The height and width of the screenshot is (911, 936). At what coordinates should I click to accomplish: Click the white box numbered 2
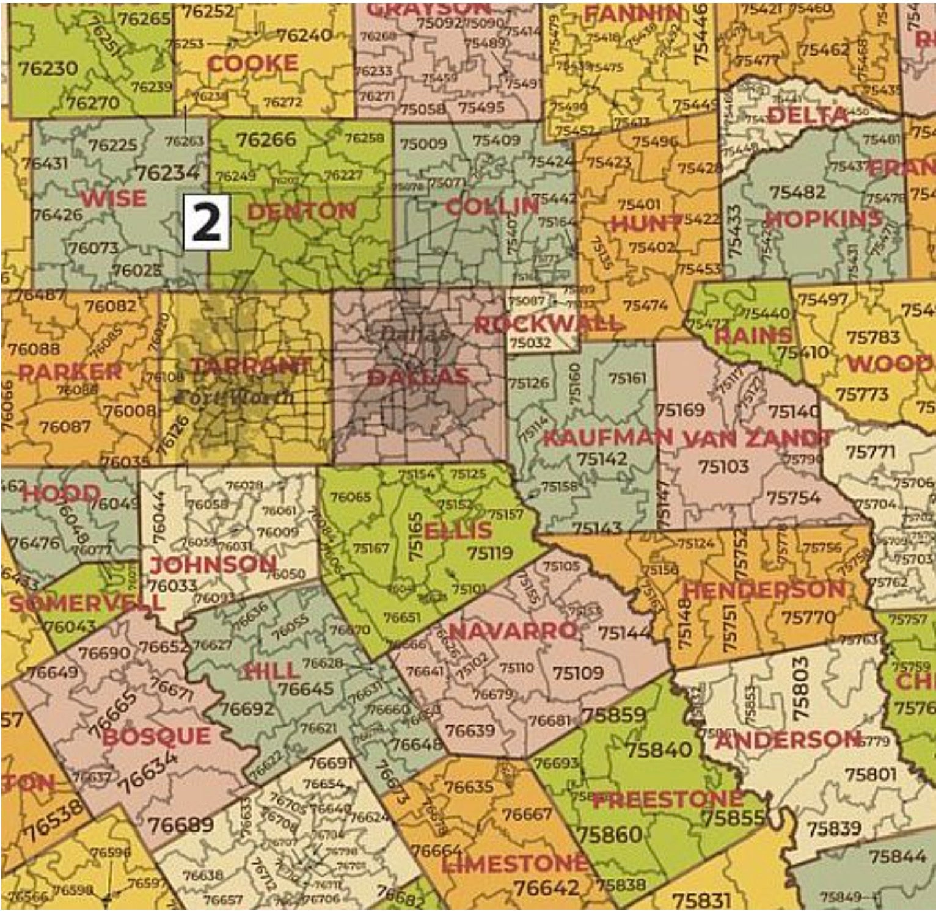207,223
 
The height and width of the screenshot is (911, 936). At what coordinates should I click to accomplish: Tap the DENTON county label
301,212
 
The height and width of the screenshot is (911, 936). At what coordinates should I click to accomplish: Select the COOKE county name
252,64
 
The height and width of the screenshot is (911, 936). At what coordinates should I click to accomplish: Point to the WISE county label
114,198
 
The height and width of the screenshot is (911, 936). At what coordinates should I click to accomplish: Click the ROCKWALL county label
547,324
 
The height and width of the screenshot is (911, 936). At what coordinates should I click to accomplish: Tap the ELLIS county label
458,530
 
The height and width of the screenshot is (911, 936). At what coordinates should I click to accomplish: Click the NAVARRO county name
513,631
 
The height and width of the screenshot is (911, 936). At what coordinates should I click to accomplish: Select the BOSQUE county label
156,736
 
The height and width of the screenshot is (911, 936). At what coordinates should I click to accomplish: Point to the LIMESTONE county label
514,863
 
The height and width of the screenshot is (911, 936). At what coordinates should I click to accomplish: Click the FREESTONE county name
668,799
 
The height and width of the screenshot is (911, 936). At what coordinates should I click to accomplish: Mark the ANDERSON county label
788,740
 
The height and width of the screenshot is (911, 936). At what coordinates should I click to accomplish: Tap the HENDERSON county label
764,590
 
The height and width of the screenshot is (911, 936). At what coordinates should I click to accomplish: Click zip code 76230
48,68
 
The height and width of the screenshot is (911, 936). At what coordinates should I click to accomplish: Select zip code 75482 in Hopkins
798,192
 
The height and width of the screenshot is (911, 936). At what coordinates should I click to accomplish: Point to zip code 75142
602,459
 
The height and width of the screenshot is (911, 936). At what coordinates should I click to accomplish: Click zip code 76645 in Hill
305,689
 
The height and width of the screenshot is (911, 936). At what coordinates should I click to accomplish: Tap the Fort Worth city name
234,397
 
